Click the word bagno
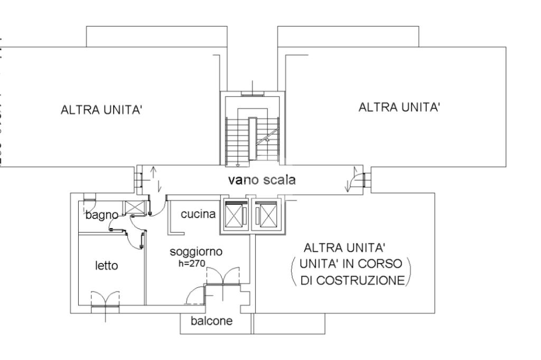pyautogui.click(x=101, y=215)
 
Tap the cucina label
pyautogui.click(x=198, y=214)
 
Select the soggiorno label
pyautogui.click(x=196, y=252)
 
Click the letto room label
pyautogui.click(x=107, y=266)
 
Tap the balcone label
pyautogui.click(x=211, y=321)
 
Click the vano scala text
pyautogui.click(x=262, y=180)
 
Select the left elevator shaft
pyautogui.click(x=233, y=214)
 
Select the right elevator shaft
pyautogui.click(x=268, y=214)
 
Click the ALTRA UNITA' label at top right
pyautogui.click(x=399, y=107)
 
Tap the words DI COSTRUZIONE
pyautogui.click(x=352, y=280)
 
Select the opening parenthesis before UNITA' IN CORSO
pyautogui.click(x=293, y=270)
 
